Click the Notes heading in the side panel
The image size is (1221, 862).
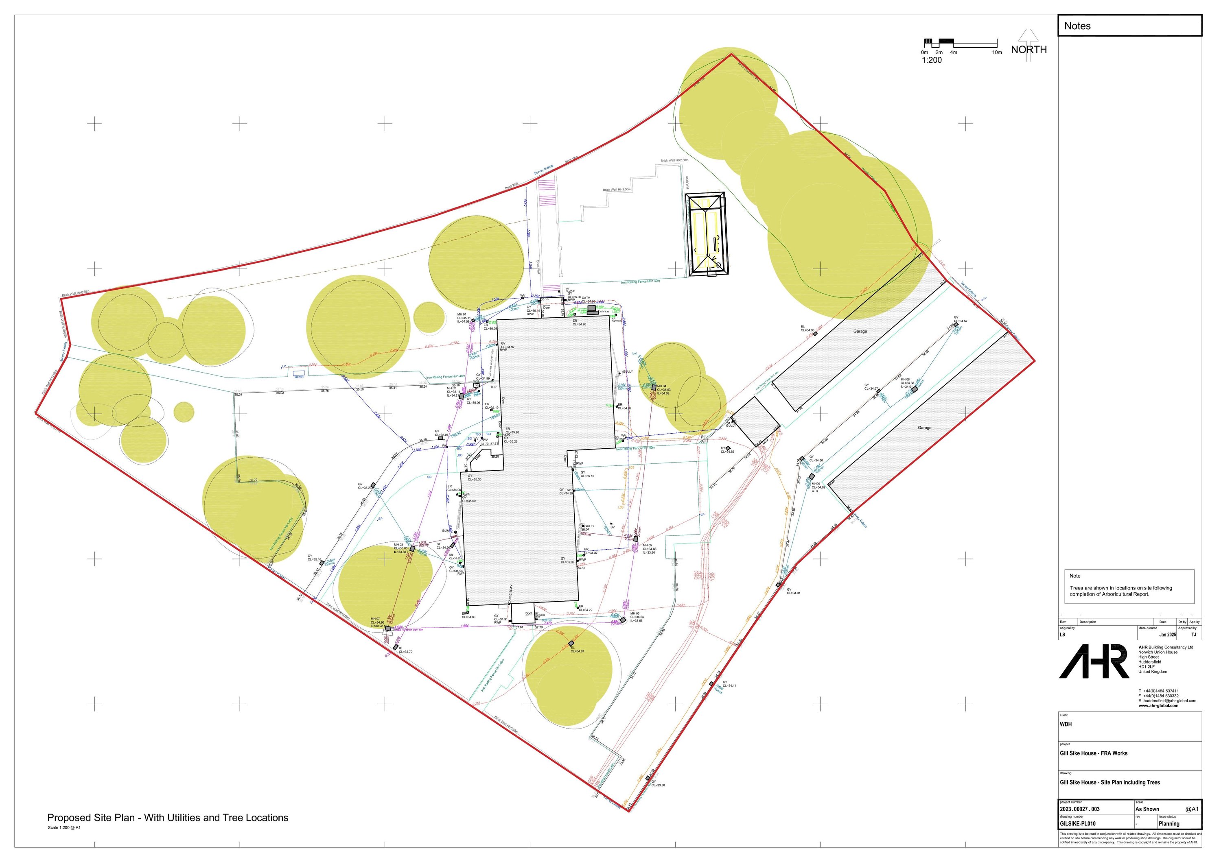[x=1077, y=26]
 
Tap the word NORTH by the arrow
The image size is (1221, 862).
[x=1028, y=49]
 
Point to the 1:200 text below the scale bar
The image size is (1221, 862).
[x=932, y=60]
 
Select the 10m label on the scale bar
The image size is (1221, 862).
[x=997, y=52]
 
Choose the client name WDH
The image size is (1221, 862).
[x=1066, y=725]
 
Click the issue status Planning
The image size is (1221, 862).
[x=1169, y=824]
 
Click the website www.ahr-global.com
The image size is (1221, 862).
[x=1158, y=706]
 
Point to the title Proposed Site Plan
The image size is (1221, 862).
[x=168, y=818]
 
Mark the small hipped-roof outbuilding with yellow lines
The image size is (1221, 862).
[x=706, y=234]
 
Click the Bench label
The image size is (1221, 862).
[x=300, y=377]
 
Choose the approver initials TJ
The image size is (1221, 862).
[x=1194, y=635]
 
